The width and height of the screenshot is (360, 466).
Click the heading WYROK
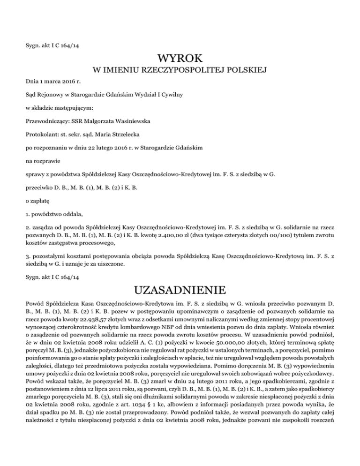pos(180,59)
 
